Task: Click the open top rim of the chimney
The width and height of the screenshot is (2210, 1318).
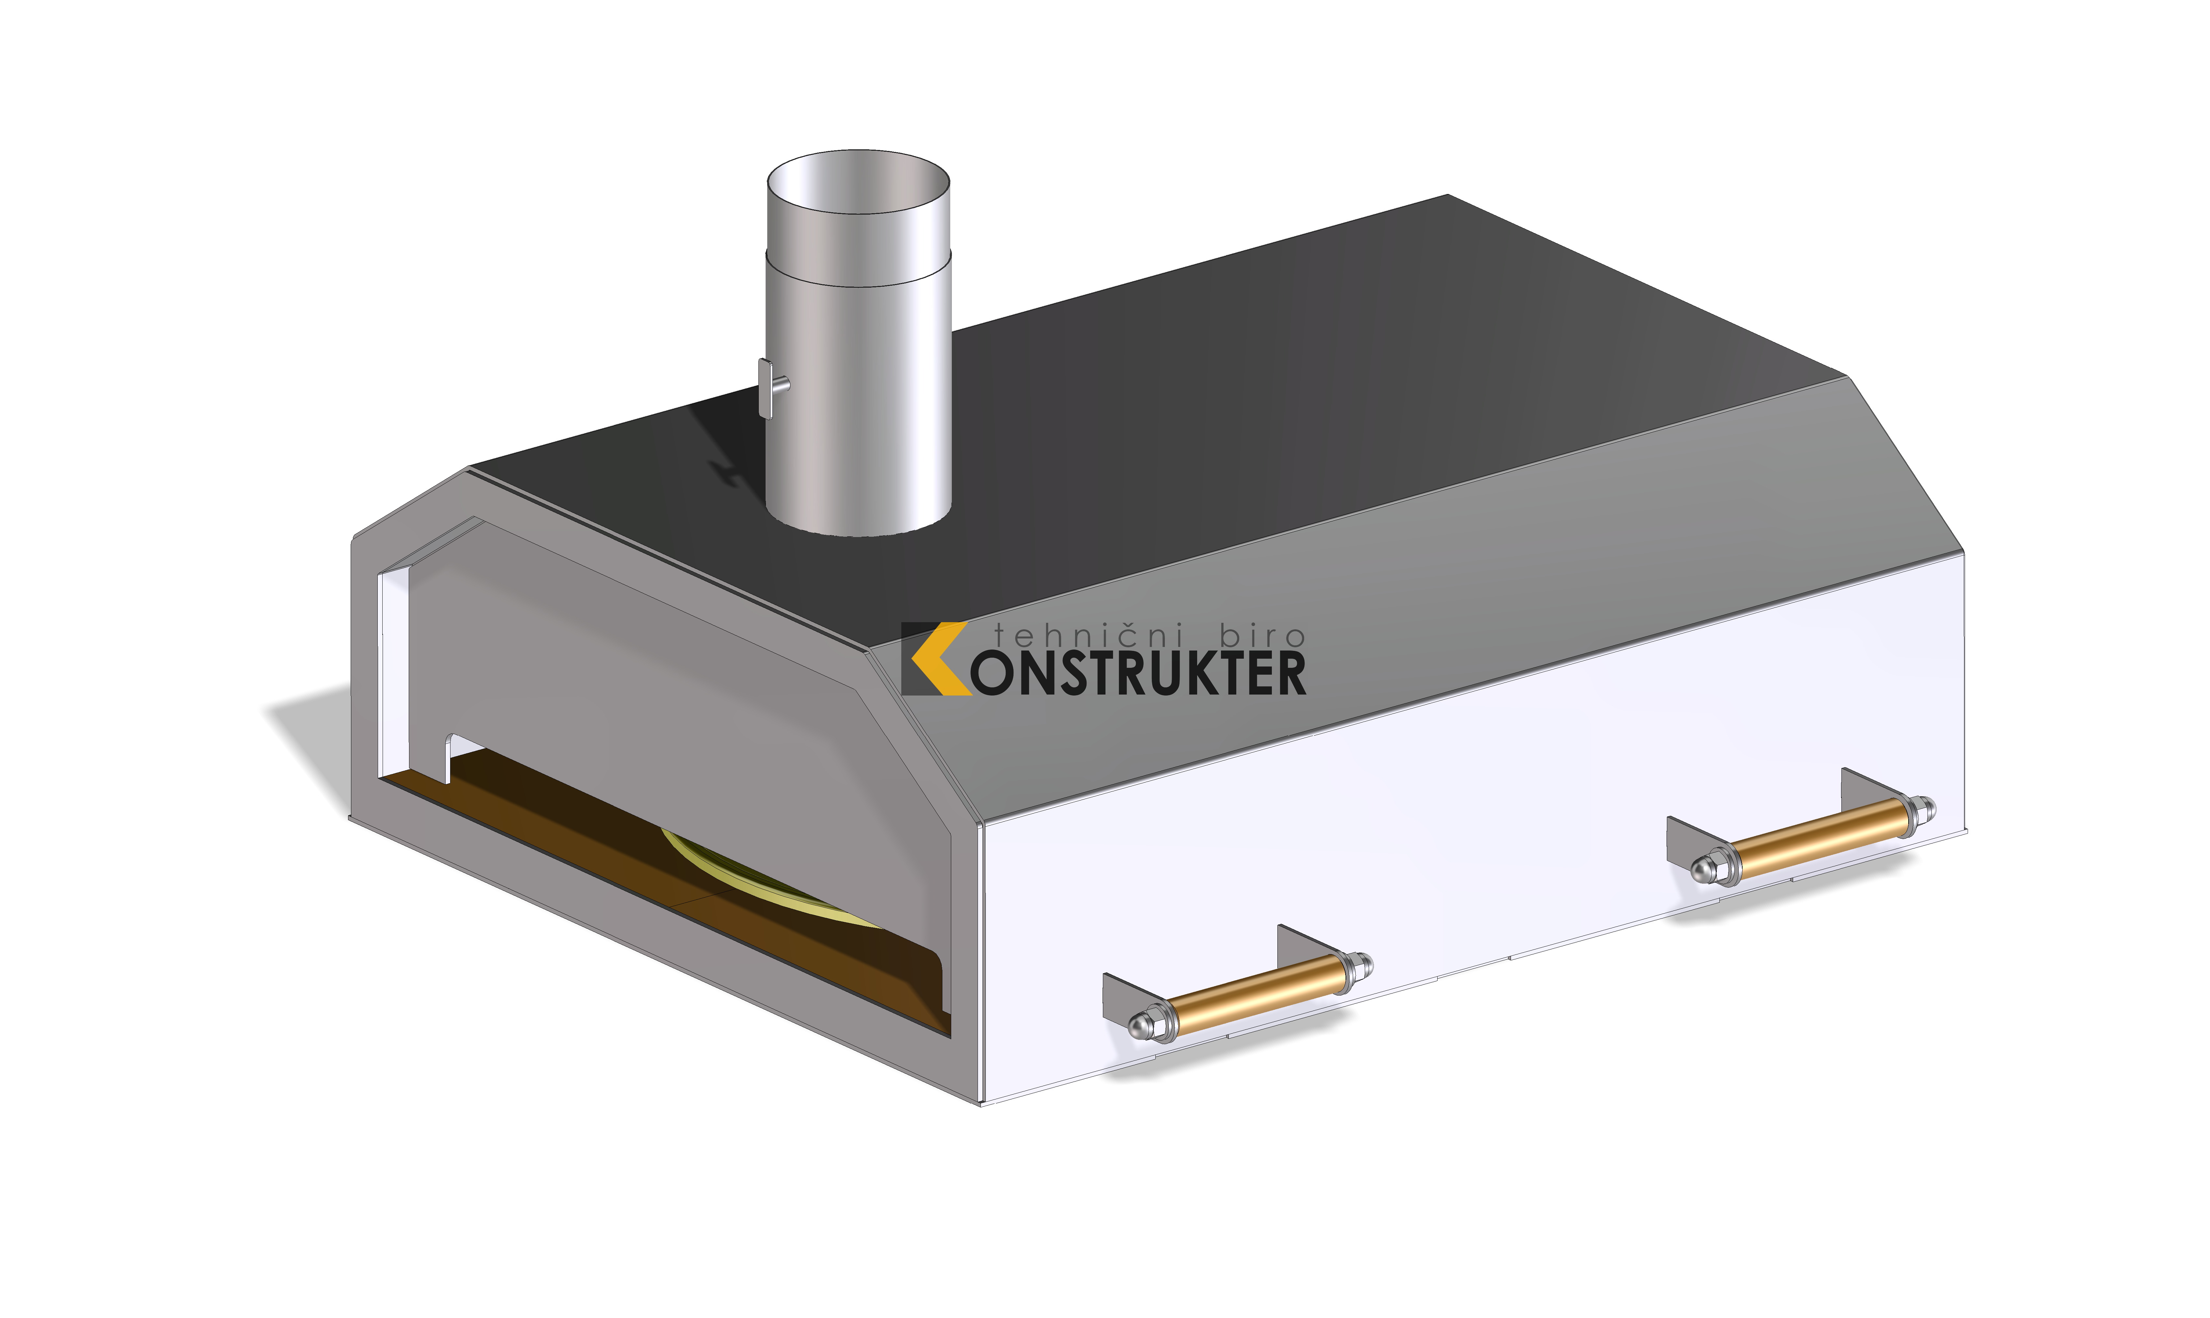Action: tap(858, 153)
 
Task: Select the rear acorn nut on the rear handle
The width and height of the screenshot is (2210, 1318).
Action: tap(1924, 810)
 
